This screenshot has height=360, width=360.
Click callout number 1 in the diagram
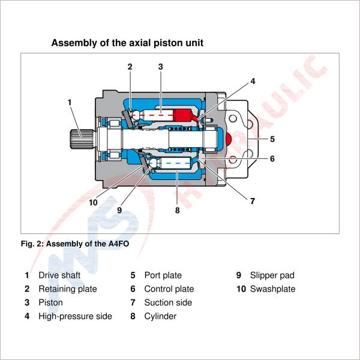tap(70, 102)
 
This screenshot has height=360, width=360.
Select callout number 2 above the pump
tap(130, 67)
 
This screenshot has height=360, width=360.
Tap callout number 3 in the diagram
tap(161, 67)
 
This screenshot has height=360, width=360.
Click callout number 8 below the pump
tap(177, 211)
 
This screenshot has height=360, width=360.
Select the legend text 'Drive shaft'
tap(59, 275)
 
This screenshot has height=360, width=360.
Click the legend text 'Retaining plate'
tap(67, 289)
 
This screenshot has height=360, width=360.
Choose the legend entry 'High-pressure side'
tap(75, 316)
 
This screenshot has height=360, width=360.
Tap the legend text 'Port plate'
tap(163, 275)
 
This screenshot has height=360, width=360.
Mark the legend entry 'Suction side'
tap(168, 302)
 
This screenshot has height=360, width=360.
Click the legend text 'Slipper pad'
tap(272, 275)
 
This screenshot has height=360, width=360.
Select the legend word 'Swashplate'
tap(273, 289)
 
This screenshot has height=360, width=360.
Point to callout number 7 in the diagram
tap(252, 201)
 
